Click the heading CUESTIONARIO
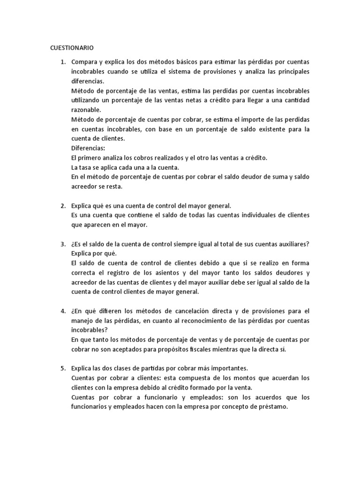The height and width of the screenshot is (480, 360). tap(72, 47)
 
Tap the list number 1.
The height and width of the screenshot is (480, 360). tap(62, 62)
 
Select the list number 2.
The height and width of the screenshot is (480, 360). tap(62, 206)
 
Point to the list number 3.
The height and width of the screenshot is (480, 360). tap(62, 244)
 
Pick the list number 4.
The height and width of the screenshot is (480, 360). tap(62, 311)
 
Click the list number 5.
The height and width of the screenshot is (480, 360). tap(62, 368)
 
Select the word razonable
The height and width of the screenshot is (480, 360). tap(87, 110)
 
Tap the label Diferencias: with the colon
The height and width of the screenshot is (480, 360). tap(88, 148)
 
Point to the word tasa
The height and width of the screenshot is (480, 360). tap(85, 167)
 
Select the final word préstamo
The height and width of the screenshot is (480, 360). tap(270, 407)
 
